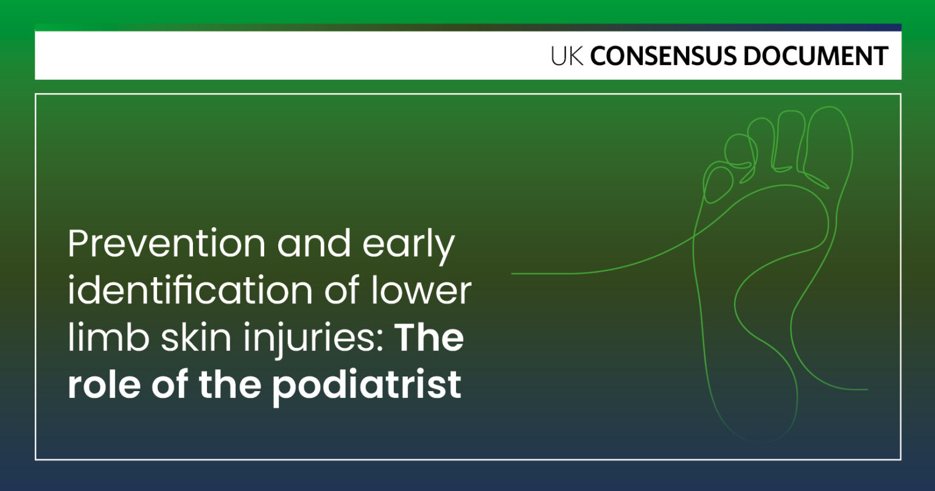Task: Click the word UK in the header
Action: point(567,56)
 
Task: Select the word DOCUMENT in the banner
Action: point(816,56)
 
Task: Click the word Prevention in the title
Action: point(167,243)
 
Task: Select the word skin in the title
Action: point(196,337)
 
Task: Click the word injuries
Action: point(309,340)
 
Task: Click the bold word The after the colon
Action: point(430,337)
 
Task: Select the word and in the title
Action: point(314,243)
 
